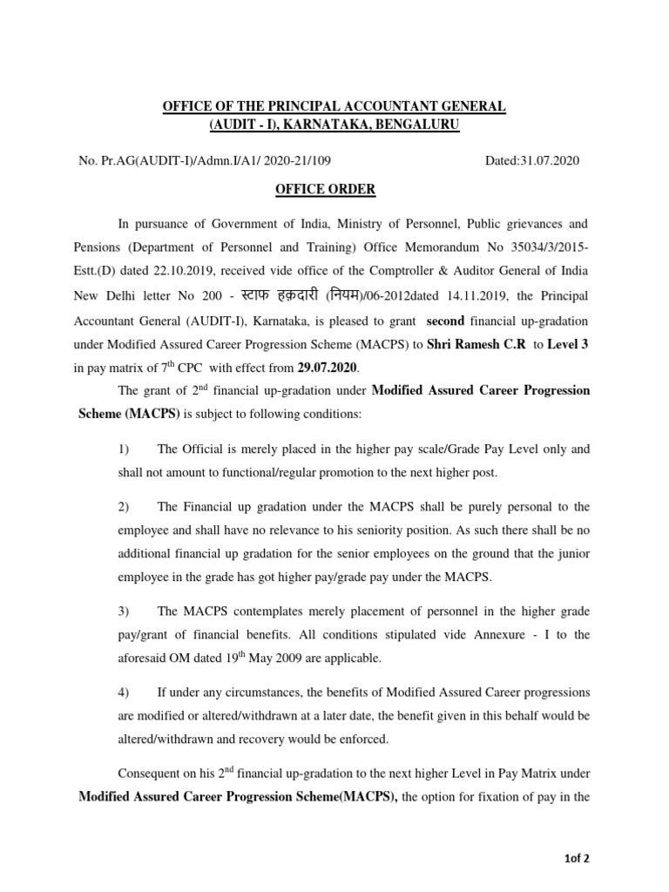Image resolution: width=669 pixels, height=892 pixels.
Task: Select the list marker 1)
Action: (123, 449)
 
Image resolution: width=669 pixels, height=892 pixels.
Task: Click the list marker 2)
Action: (123, 507)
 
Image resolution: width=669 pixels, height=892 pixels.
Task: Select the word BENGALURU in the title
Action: (415, 125)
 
